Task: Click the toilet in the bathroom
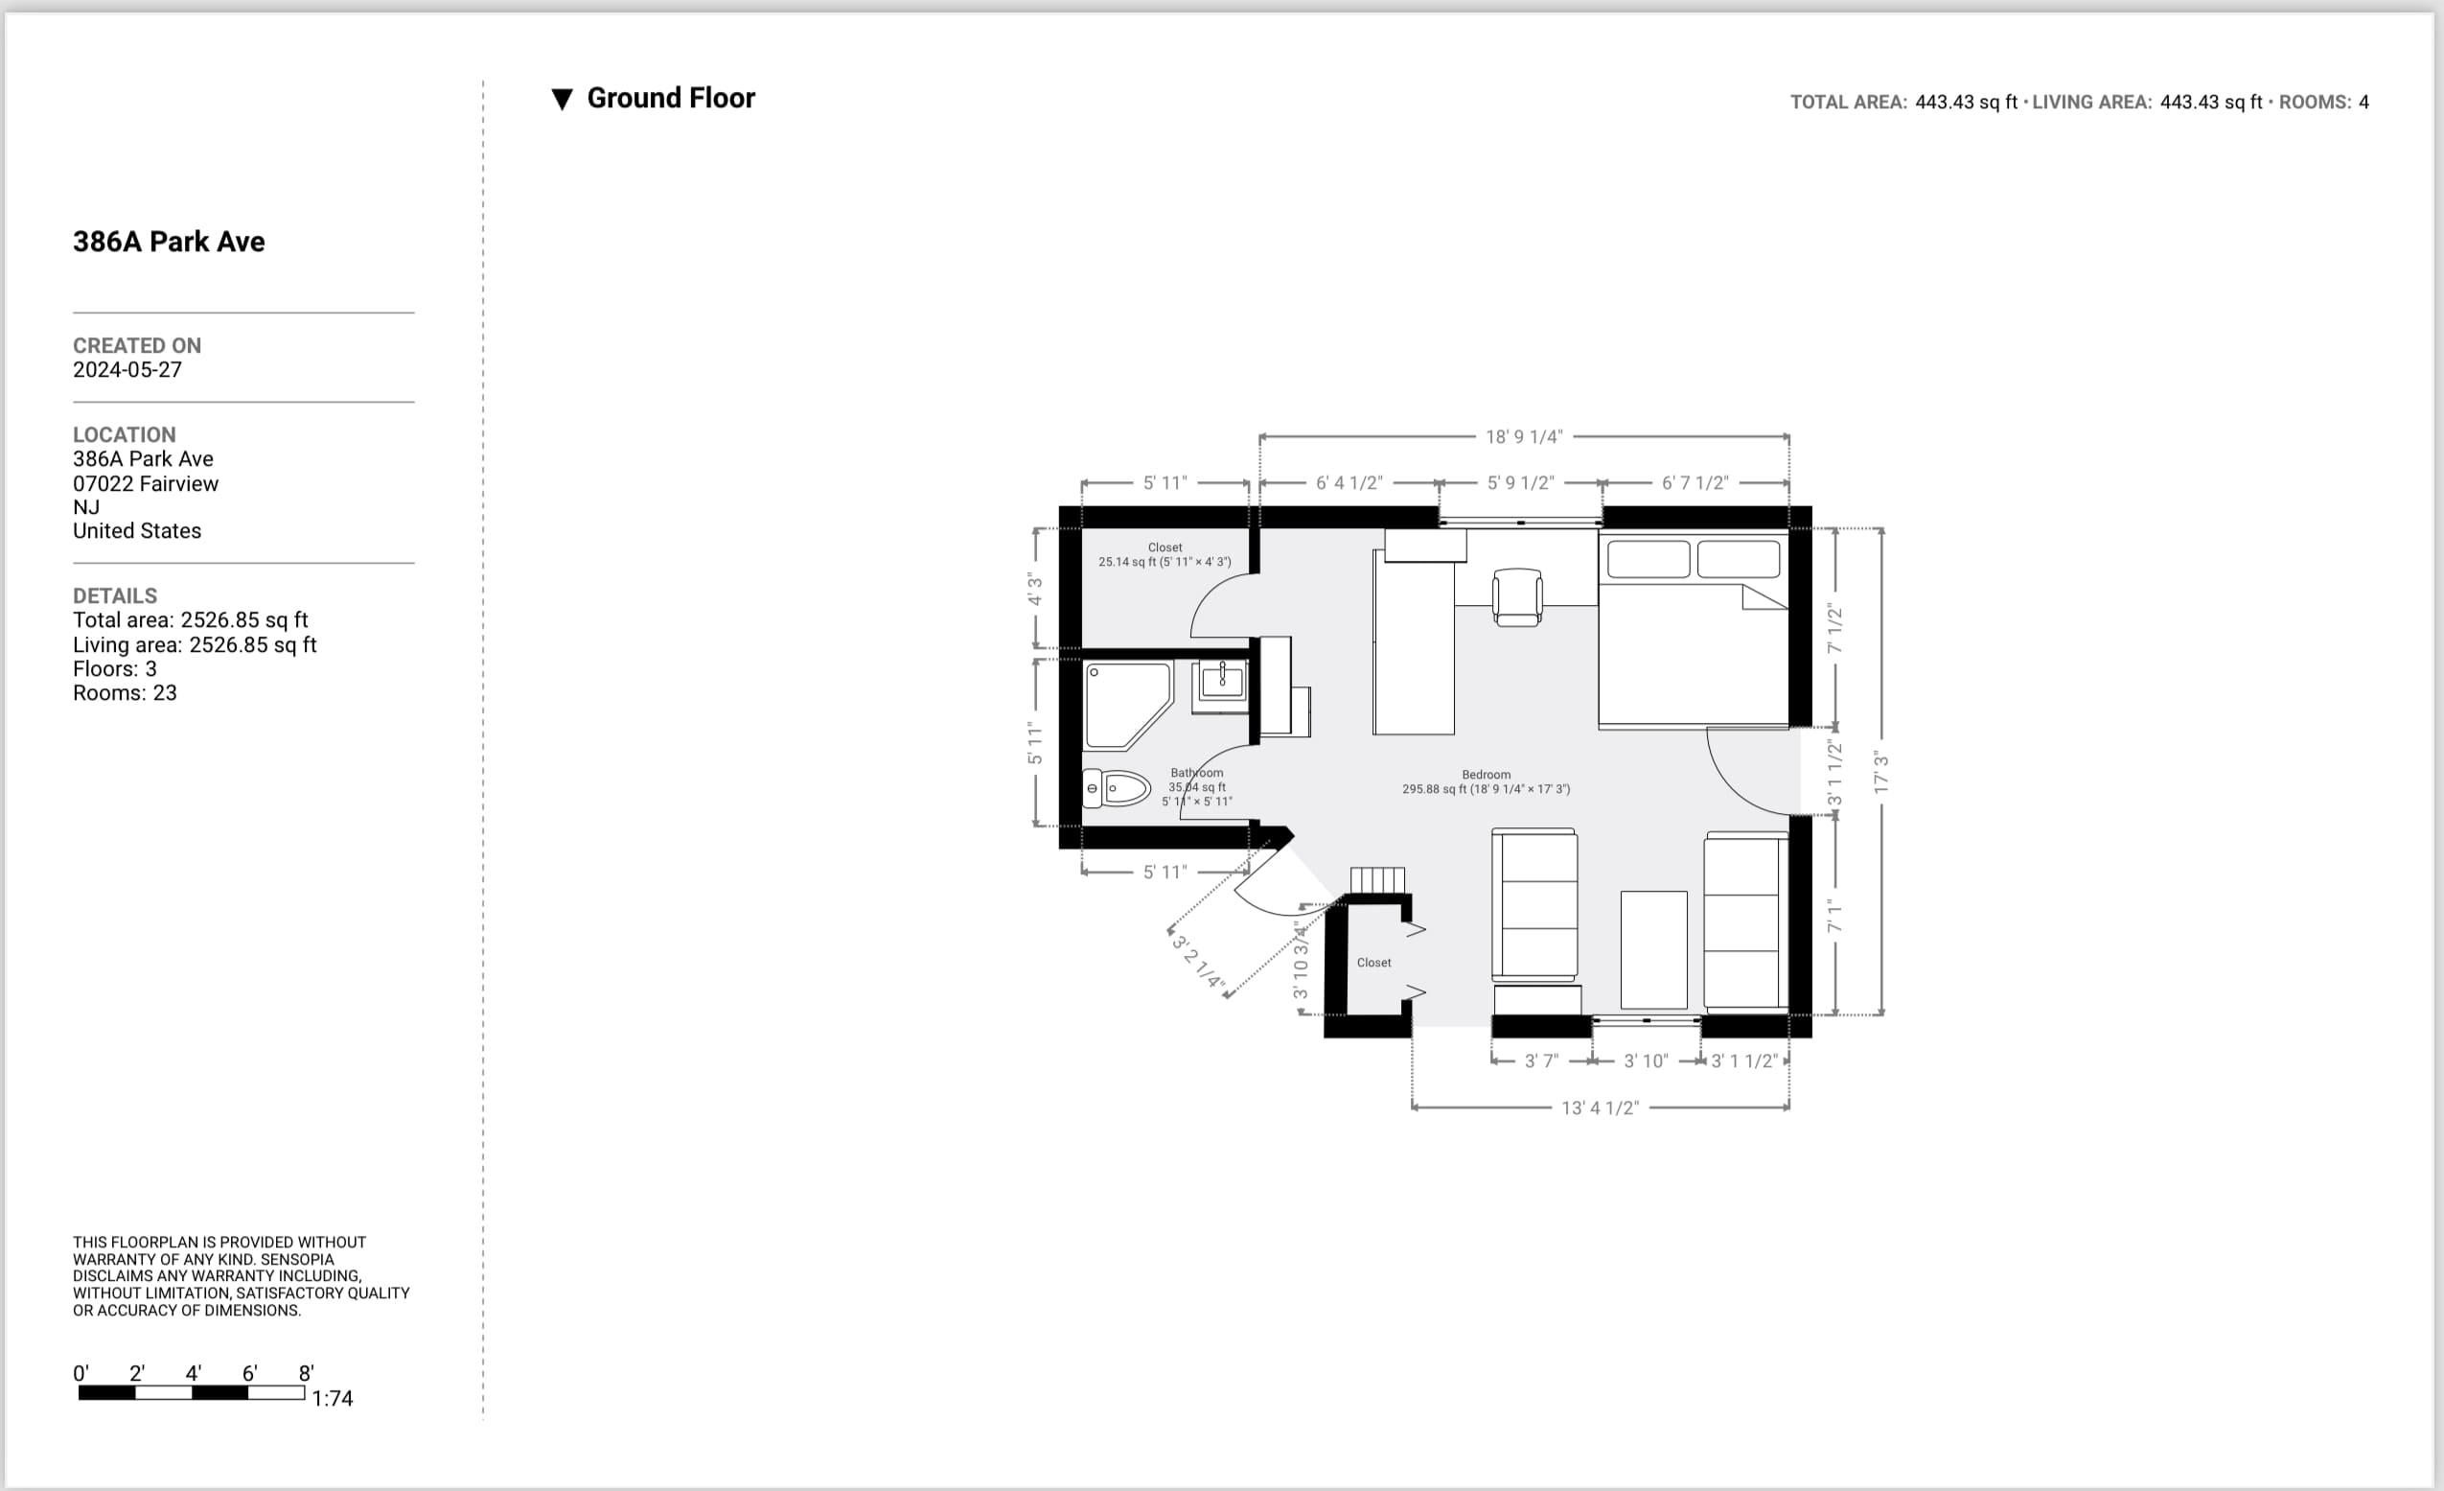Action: [1117, 789]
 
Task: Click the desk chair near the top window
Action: [1516, 597]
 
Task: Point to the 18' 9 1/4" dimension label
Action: [1524, 436]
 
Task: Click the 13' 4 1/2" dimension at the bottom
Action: [1600, 1107]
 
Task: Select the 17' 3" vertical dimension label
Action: [1880, 772]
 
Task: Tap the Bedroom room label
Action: [1485, 775]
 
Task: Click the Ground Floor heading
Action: [671, 98]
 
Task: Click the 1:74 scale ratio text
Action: [333, 1398]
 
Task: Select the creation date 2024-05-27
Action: [127, 370]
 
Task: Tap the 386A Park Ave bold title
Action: [169, 241]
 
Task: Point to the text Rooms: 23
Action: [125, 692]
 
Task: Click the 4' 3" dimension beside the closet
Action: [1034, 590]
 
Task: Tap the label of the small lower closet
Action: [1373, 963]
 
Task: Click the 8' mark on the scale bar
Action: [307, 1374]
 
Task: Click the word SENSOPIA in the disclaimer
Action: [296, 1259]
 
